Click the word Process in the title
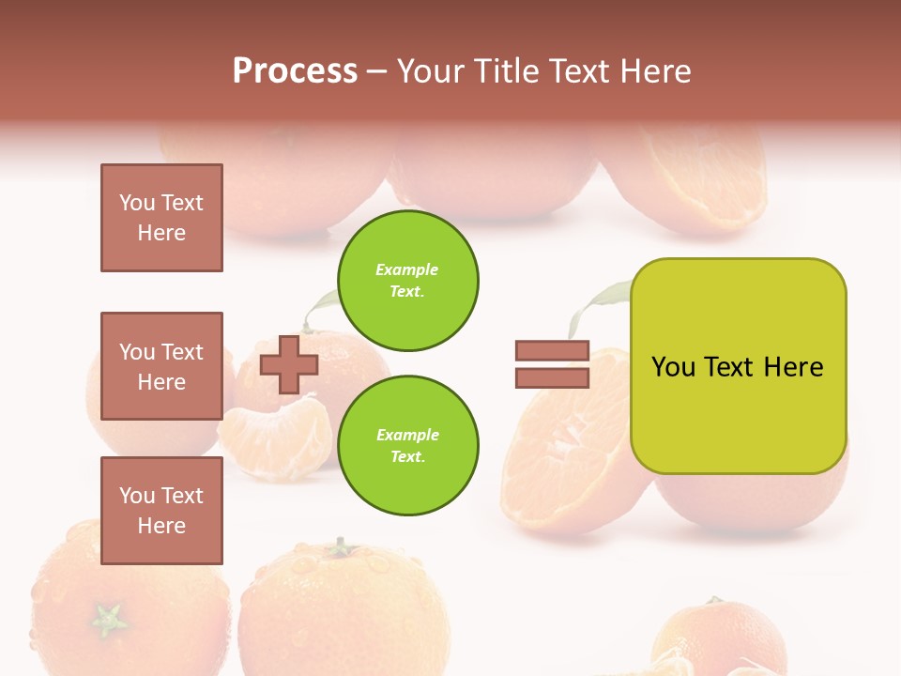295,70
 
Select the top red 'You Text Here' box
161,218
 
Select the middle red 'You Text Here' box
161,366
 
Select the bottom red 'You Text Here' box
161,510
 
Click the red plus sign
288,364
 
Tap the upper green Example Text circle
408,281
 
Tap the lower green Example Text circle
408,445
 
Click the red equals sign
552,364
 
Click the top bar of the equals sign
552,351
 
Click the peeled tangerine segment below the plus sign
276,437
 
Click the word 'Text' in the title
584,71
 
